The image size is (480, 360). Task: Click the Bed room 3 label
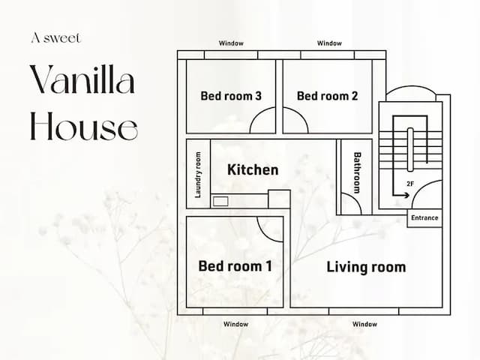pos(231,96)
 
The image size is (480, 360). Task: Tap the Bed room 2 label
pos(327,96)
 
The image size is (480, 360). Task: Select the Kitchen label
pos(253,169)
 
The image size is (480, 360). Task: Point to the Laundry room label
pos(198,175)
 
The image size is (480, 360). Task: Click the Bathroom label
pos(357,172)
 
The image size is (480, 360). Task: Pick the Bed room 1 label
pos(235,265)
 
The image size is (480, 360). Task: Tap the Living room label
pos(366,267)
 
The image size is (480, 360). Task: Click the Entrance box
pos(424,218)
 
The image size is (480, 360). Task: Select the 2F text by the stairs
pos(410,184)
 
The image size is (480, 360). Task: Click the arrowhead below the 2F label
pos(406,195)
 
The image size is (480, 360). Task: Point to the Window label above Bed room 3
pos(231,43)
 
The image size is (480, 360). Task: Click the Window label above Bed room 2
pos(329,43)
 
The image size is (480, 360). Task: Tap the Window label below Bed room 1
pos(235,324)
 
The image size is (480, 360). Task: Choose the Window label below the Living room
pos(364,324)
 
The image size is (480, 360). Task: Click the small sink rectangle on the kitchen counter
pos(220,202)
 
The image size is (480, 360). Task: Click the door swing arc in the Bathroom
pos(355,198)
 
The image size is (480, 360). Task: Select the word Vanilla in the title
pos(82,79)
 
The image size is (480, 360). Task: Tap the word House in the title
pos(84,126)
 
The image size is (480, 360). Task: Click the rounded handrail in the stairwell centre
pos(410,149)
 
